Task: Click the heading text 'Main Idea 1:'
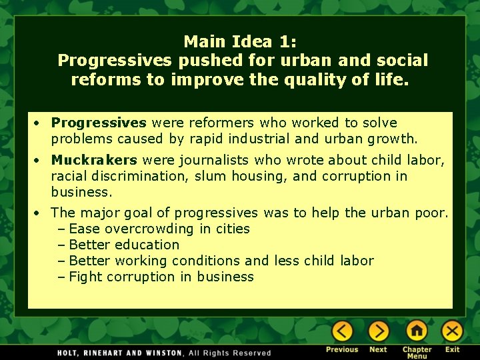pos(240,41)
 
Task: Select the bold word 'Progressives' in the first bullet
pos(99,123)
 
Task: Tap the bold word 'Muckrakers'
pos(94,160)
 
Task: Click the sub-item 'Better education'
pos(124,245)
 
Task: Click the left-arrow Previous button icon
pos(343,331)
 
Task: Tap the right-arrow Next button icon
pos(379,331)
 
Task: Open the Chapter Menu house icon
pos(417,331)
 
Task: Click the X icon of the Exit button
pos(453,331)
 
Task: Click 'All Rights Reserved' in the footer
pos(230,353)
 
